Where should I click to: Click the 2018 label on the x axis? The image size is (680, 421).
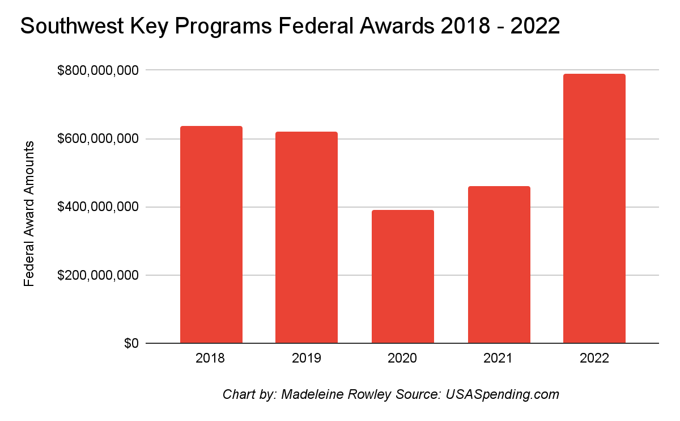pyautogui.click(x=211, y=359)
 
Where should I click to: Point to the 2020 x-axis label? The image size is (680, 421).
pyautogui.click(x=402, y=359)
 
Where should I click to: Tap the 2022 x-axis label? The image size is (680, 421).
pyautogui.click(x=594, y=359)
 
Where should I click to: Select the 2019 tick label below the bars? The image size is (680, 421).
pyautogui.click(x=307, y=359)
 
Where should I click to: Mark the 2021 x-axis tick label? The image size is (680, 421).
pyautogui.click(x=499, y=359)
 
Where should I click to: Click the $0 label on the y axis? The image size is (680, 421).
pyautogui.click(x=131, y=344)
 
